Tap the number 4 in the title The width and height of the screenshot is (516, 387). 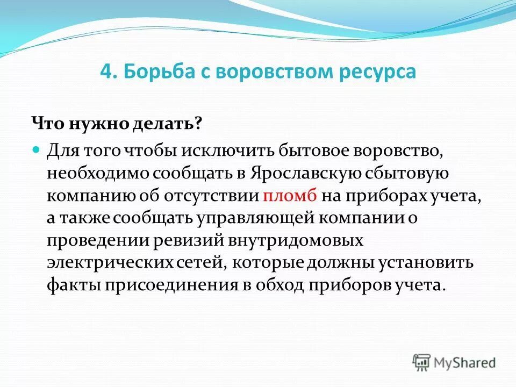[105, 71]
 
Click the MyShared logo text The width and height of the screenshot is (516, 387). [464, 363]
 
